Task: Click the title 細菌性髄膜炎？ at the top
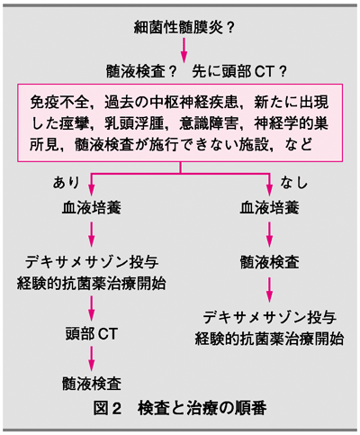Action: click(184, 28)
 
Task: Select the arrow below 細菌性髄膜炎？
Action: click(184, 50)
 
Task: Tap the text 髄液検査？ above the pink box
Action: click(140, 72)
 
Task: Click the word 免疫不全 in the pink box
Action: click(59, 103)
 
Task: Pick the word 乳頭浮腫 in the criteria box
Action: click(134, 123)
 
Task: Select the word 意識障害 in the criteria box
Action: click(209, 123)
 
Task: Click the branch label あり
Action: click(67, 182)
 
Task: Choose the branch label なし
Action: click(294, 182)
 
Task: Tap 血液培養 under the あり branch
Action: click(92, 208)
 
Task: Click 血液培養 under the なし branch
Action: click(269, 208)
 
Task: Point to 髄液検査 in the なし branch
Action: click(269, 262)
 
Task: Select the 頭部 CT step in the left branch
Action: click(92, 334)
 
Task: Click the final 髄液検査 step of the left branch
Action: click(92, 384)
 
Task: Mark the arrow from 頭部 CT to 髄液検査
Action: click(92, 358)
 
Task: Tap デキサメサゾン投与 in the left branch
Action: click(92, 262)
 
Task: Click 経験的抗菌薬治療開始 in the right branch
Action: click(269, 339)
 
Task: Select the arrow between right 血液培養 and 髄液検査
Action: click(269, 235)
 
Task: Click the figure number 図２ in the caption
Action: click(107, 408)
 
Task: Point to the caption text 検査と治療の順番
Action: click(202, 408)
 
